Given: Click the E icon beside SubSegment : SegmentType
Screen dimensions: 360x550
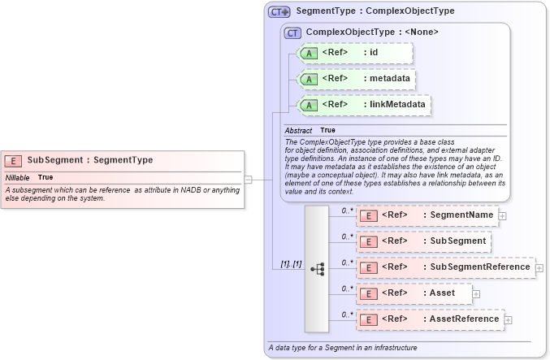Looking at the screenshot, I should pos(14,160).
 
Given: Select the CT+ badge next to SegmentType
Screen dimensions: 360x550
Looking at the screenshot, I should pos(279,12).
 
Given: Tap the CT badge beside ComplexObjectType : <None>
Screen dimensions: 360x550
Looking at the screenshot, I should pos(292,33).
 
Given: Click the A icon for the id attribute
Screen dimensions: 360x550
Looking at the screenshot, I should pos(309,54).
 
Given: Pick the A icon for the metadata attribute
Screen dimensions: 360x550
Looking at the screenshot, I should pos(309,80).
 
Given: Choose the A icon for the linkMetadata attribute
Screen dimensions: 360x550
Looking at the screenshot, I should pos(309,106).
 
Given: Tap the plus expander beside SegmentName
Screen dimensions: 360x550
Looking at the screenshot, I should pos(502,215).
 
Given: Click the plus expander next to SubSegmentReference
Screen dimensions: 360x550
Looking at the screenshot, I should pos(539,267).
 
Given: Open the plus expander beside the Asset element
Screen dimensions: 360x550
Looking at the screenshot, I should pos(476,293).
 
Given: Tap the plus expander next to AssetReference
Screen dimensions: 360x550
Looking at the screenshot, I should pos(509,319).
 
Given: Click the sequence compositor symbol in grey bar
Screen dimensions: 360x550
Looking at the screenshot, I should pos(318,267).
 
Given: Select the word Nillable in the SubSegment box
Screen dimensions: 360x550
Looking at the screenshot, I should pos(18,177).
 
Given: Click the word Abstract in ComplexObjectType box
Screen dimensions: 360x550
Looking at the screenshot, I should pos(297,130).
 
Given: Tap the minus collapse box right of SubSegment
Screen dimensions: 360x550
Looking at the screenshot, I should pos(248,179).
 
